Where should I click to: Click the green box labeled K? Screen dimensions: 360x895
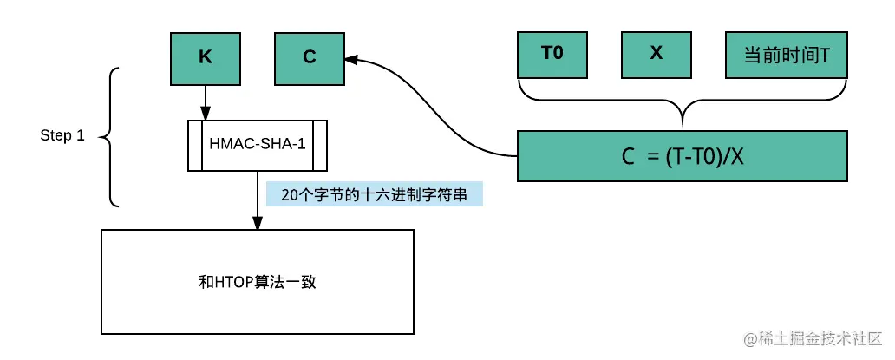click(x=206, y=57)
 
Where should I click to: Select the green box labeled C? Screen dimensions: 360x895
click(x=310, y=57)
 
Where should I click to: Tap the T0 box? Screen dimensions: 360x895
click(x=552, y=55)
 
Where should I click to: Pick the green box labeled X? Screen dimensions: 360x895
click(x=657, y=55)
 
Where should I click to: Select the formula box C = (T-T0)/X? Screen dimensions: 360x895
click(x=683, y=156)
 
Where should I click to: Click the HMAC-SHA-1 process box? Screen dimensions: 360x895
click(x=258, y=145)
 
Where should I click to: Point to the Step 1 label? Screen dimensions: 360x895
click(x=62, y=136)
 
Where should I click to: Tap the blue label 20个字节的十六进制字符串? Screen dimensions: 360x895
click(x=374, y=194)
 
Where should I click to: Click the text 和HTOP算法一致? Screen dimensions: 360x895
click(x=258, y=283)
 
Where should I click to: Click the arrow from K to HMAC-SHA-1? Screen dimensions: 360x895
click(x=206, y=102)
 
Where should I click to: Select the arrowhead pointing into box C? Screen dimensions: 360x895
click(x=350, y=58)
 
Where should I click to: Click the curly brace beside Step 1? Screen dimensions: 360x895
click(x=109, y=137)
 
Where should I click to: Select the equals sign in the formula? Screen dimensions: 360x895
click(x=652, y=156)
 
